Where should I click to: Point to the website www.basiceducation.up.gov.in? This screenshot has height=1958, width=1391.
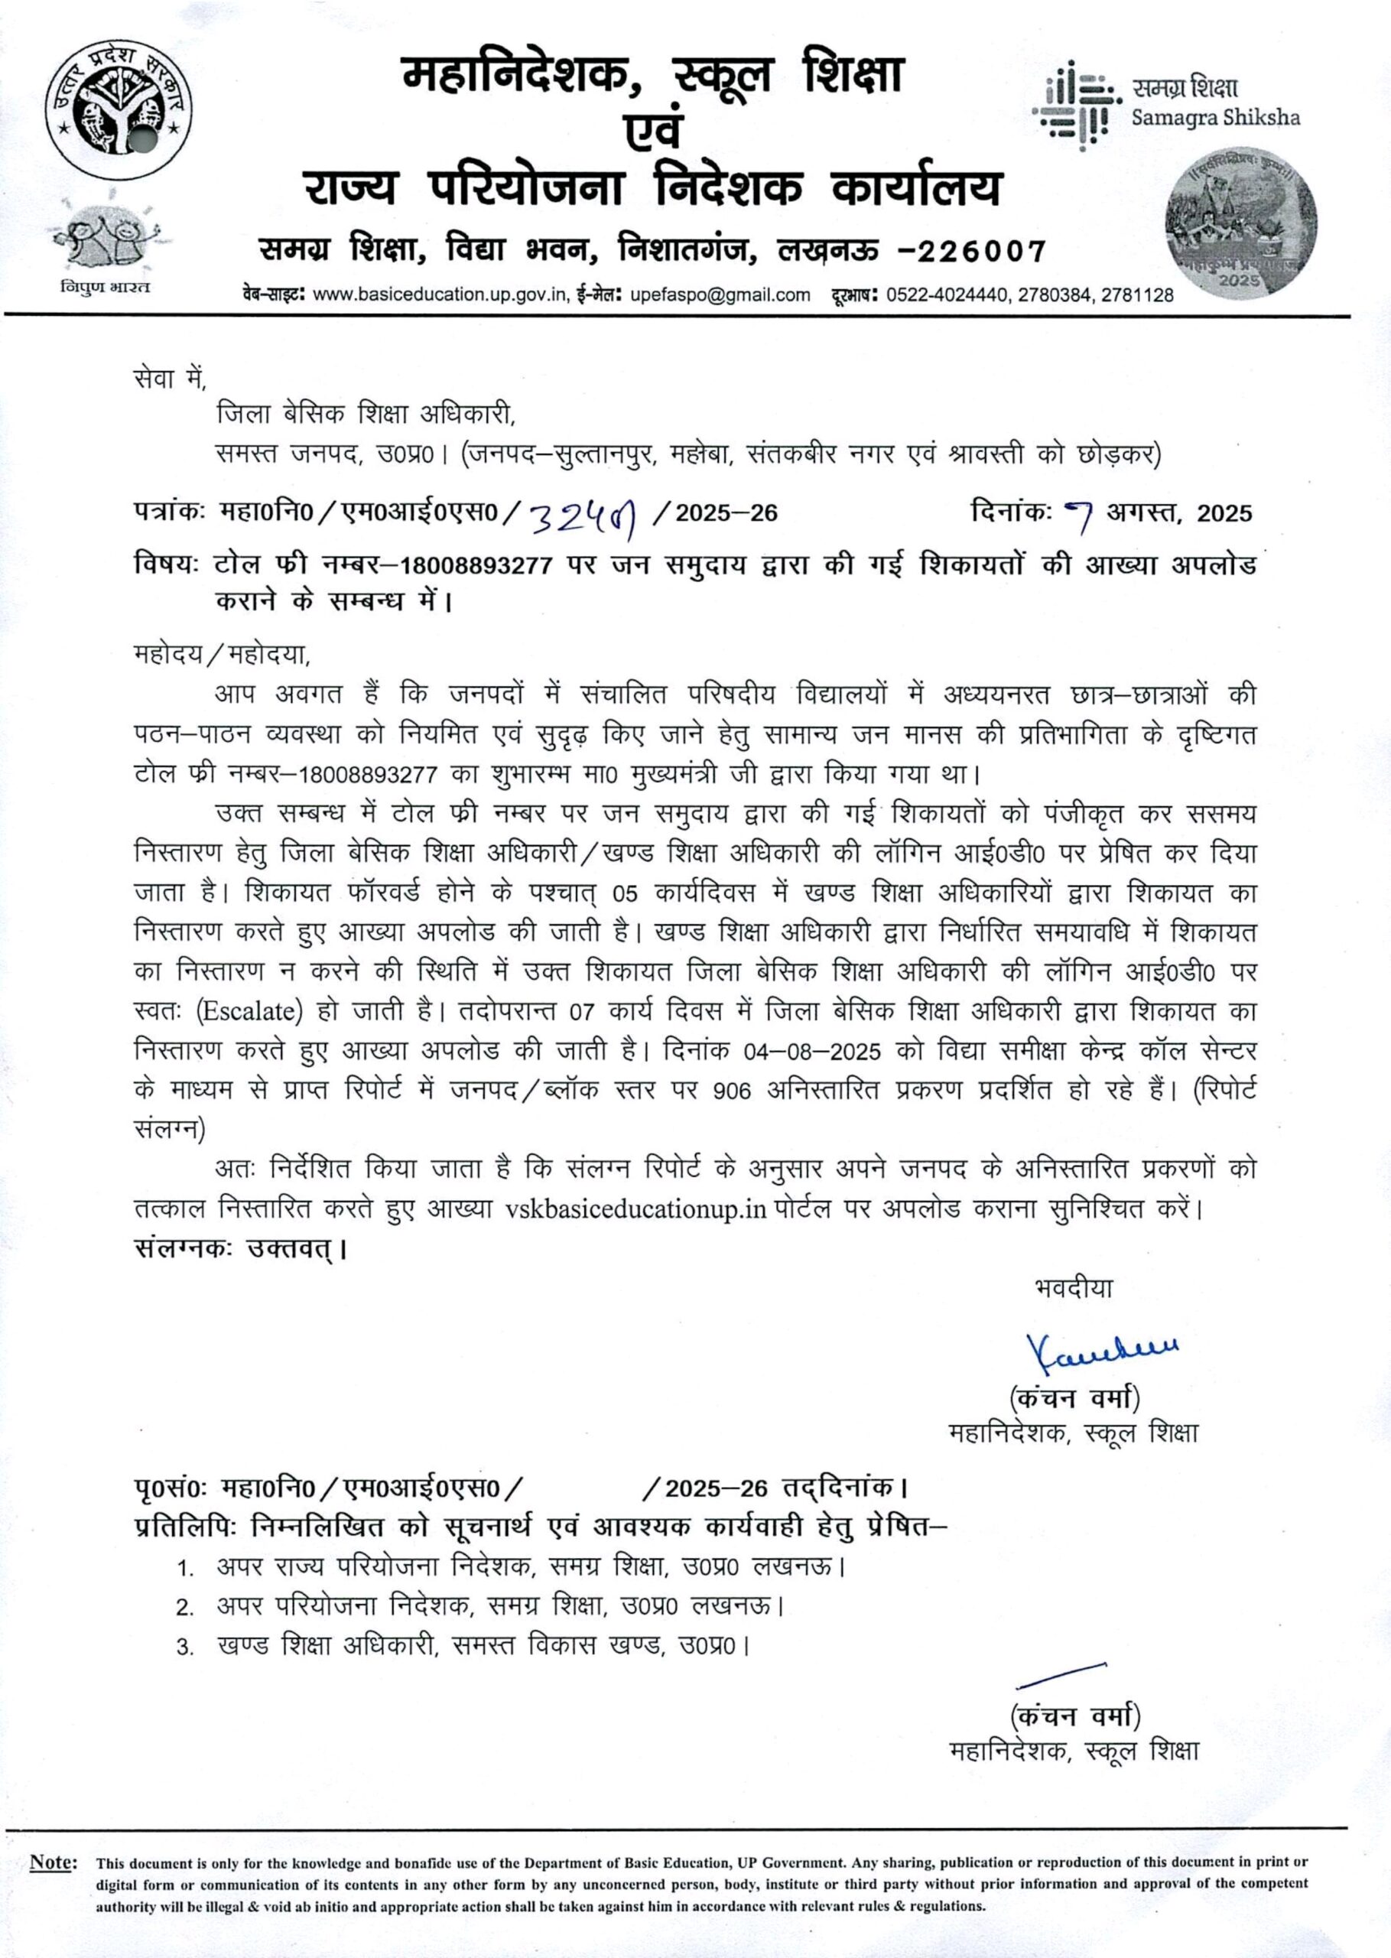pos(440,295)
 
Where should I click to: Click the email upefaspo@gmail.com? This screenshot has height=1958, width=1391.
pos(720,295)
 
